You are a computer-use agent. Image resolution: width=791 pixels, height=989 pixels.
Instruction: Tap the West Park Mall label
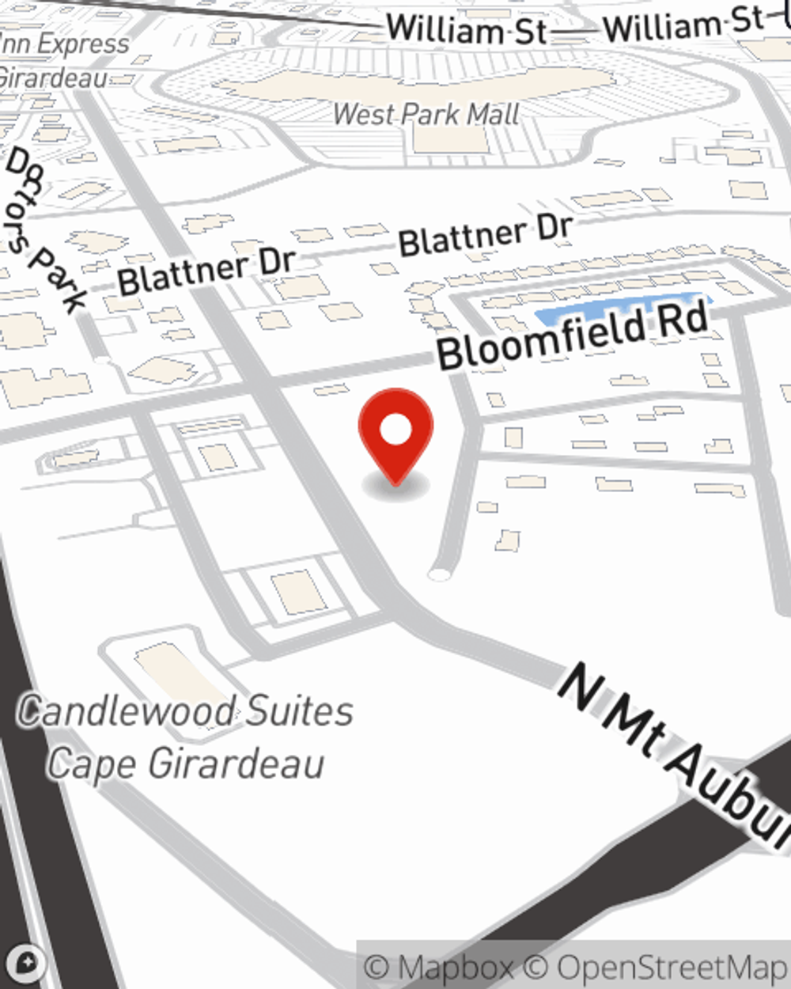[x=426, y=114]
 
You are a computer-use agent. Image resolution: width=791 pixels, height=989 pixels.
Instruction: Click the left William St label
[x=467, y=31]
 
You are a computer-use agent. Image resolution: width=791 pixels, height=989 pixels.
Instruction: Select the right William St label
[x=684, y=25]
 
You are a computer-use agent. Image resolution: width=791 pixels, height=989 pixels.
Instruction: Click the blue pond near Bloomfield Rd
[x=621, y=309]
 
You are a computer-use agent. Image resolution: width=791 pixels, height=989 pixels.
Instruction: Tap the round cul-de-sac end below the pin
[x=439, y=574]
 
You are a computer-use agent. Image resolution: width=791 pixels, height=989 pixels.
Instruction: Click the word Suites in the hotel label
[x=297, y=710]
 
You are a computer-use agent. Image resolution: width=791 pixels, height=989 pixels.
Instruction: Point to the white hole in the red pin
[x=395, y=430]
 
